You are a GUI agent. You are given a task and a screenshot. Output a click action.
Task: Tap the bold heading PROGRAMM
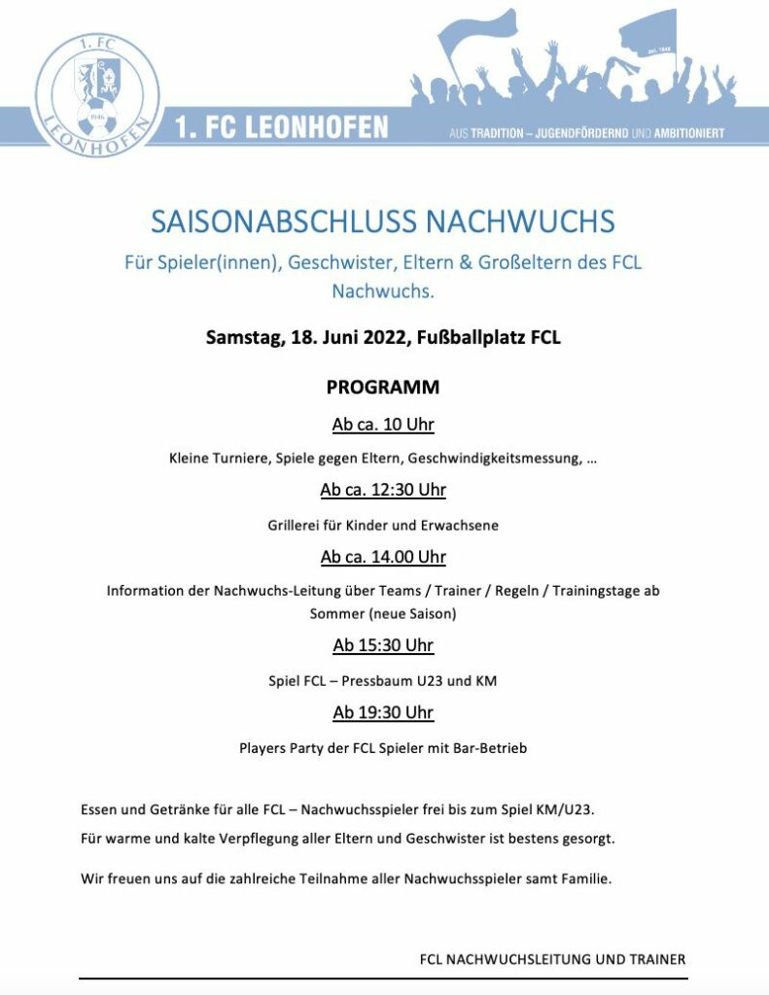pos(383,387)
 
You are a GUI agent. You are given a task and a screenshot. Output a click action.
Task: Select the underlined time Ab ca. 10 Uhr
pos(383,425)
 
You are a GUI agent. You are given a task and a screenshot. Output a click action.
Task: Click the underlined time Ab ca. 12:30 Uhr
pos(383,490)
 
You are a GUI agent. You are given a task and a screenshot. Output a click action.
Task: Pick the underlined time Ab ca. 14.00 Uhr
pos(383,557)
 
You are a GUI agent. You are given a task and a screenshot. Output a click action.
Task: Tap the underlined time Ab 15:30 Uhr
pos(383,645)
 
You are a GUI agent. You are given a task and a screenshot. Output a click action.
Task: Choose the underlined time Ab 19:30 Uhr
pos(383,712)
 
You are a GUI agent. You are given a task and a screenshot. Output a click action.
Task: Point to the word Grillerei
pos(296,525)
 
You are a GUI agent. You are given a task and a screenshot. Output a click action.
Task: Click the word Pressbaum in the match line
pos(373,680)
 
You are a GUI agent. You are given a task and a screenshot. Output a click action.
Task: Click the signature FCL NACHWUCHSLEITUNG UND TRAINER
pos(552,959)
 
